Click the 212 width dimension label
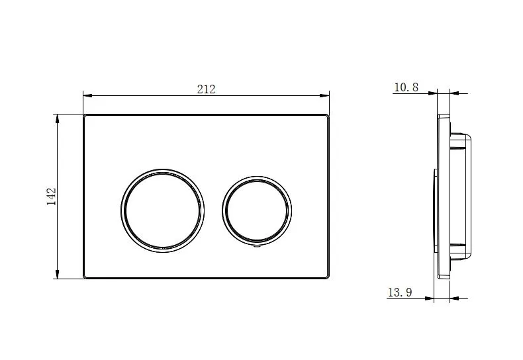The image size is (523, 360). coord(206,89)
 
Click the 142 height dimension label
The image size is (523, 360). coord(52,197)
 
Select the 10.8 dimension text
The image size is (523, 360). coord(406,87)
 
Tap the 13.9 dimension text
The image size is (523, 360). coord(400,292)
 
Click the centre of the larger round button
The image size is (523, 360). coord(162,210)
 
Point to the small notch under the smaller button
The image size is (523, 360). coord(257,247)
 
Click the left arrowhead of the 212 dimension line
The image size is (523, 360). coord(87,96)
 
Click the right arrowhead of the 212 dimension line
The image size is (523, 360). coord(324,96)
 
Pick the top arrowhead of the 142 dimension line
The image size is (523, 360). coord(58,118)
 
